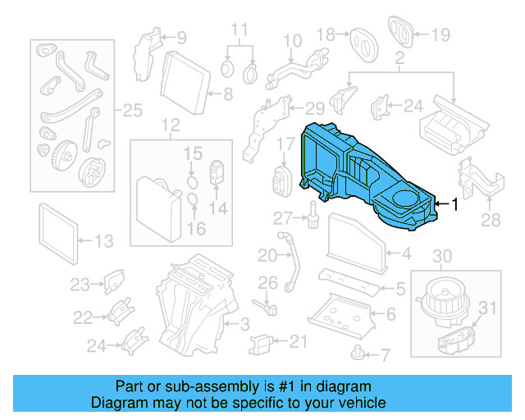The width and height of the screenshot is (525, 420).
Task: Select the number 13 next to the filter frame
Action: (x=104, y=241)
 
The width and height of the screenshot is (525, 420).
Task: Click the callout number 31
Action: (x=488, y=308)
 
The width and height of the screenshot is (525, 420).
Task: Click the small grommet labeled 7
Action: (x=358, y=354)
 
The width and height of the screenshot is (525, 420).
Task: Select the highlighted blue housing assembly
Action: (x=369, y=176)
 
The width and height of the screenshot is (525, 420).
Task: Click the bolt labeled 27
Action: (x=313, y=217)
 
